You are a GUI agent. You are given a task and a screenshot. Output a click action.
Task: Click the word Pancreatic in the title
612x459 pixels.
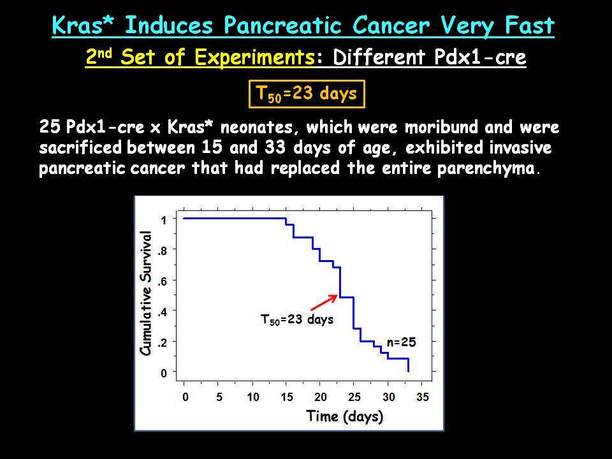tap(283, 25)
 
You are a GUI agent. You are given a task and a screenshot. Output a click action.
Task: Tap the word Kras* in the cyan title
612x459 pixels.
tap(83, 25)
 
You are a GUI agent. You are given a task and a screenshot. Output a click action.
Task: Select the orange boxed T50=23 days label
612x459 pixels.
tap(307, 94)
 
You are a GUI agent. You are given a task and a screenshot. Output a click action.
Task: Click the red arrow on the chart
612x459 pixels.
tap(324, 303)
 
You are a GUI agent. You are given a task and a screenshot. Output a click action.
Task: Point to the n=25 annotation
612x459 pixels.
tap(401, 342)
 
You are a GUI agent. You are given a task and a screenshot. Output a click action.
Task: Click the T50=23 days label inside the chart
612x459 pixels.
tap(297, 319)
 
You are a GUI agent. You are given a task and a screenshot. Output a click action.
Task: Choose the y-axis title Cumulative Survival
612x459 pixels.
tap(145, 293)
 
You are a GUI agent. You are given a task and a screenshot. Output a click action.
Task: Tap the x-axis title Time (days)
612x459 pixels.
tap(345, 416)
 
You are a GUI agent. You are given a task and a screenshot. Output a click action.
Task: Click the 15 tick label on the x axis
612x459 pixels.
tap(287, 397)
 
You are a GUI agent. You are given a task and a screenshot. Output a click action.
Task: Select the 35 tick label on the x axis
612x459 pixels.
tap(422, 397)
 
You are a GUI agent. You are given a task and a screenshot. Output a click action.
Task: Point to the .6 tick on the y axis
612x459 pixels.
tap(163, 281)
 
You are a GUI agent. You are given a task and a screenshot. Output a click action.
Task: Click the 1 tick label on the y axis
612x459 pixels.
tap(164, 220)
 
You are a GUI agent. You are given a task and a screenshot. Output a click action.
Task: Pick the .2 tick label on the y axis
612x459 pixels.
tap(163, 342)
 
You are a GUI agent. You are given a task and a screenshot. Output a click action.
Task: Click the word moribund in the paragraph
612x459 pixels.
tap(441, 127)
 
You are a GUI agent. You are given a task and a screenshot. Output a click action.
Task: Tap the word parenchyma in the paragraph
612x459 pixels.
tap(486, 168)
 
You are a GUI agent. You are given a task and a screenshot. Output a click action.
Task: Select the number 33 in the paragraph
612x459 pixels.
tap(275, 148)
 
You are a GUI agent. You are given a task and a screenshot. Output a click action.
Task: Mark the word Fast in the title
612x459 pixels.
tap(529, 25)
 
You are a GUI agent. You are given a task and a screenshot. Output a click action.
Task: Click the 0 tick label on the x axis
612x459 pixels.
tap(185, 397)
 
